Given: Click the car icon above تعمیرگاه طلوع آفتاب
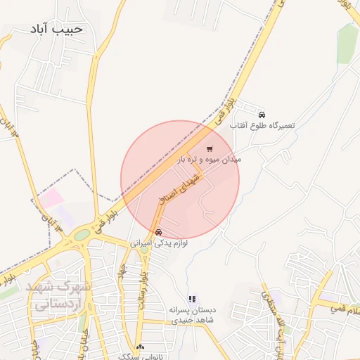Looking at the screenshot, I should (262, 114).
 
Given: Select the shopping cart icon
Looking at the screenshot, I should (210, 149).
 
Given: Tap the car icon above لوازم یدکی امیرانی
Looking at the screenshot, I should (158, 232).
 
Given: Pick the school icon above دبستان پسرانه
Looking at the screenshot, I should (192, 299).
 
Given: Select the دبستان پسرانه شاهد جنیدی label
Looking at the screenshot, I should (192, 314).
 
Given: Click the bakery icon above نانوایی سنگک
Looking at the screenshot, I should (141, 347).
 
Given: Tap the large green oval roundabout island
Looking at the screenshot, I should (83, 235).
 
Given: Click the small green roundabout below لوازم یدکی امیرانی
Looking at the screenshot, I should (144, 249).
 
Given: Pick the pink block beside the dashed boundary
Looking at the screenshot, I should (51, 199).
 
